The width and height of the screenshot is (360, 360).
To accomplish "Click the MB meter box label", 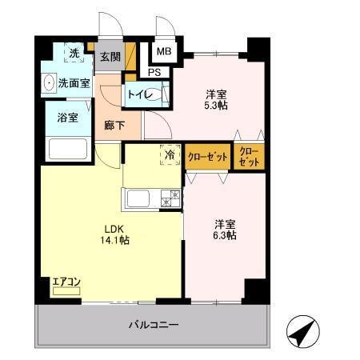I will (163, 52).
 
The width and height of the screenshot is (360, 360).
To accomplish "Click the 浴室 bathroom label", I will (67, 118).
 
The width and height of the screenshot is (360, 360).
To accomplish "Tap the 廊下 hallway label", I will (114, 126).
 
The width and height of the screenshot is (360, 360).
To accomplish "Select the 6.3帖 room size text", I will (223, 236).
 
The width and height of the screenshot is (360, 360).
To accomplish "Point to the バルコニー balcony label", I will (154, 326).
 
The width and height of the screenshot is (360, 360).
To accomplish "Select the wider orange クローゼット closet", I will (208, 156).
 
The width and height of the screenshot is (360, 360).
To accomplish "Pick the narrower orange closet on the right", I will (248, 156).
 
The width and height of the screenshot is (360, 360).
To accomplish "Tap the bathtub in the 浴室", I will (67, 149).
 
